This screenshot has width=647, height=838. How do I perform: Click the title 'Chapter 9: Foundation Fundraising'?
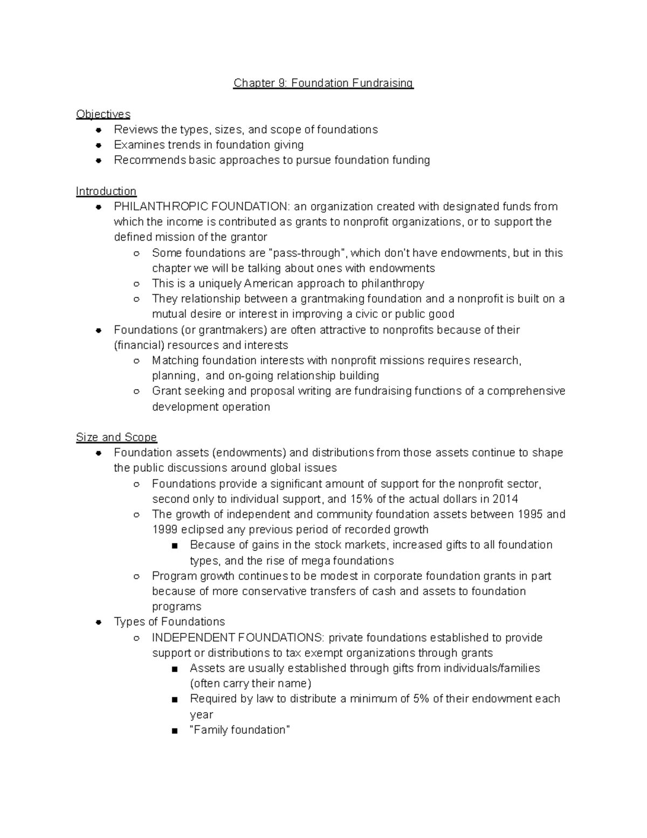click(x=323, y=83)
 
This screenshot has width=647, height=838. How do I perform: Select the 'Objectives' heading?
click(x=103, y=114)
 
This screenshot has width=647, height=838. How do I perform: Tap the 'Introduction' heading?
click(x=106, y=191)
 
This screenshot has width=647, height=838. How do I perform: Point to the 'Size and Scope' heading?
click(x=116, y=437)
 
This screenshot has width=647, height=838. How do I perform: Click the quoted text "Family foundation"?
click(x=240, y=730)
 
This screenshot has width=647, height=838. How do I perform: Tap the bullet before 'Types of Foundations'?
click(x=99, y=622)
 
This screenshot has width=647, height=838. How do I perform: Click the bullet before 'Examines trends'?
click(x=99, y=145)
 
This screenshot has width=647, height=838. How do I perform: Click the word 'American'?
click(x=275, y=284)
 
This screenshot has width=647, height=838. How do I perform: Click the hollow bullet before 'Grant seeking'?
click(x=137, y=391)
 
